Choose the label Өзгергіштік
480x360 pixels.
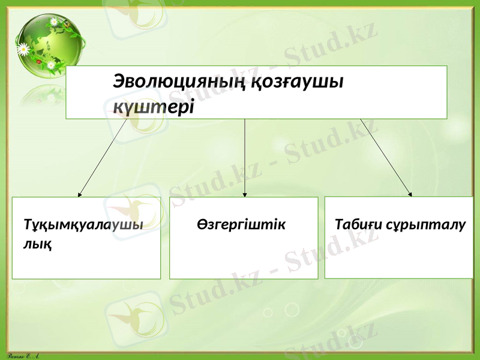[241, 225]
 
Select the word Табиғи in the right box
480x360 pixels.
[357, 225]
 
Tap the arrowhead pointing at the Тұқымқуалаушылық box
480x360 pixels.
[80, 194]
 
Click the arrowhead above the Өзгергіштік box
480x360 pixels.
[245, 194]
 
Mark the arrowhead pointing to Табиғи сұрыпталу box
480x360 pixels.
[410, 193]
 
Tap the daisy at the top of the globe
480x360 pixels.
[54, 22]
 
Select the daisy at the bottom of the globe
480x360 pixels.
[52, 65]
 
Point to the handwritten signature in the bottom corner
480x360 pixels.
[20, 355]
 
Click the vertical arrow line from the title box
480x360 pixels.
[245, 156]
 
